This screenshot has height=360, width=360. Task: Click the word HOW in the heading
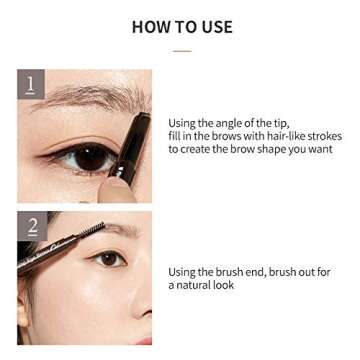pos(149,26)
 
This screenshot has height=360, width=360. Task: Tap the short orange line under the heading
pos(180,49)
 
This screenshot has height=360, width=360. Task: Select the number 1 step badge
pos(31,84)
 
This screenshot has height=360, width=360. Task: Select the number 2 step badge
pos(31,226)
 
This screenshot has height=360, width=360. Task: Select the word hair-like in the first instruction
pos(281,135)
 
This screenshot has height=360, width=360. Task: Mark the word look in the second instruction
pos(225,285)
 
